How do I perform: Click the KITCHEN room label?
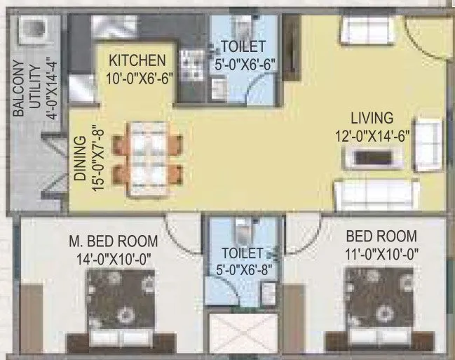click(137, 60)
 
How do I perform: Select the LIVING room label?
click(374, 118)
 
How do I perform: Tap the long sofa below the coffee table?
click(376, 193)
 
